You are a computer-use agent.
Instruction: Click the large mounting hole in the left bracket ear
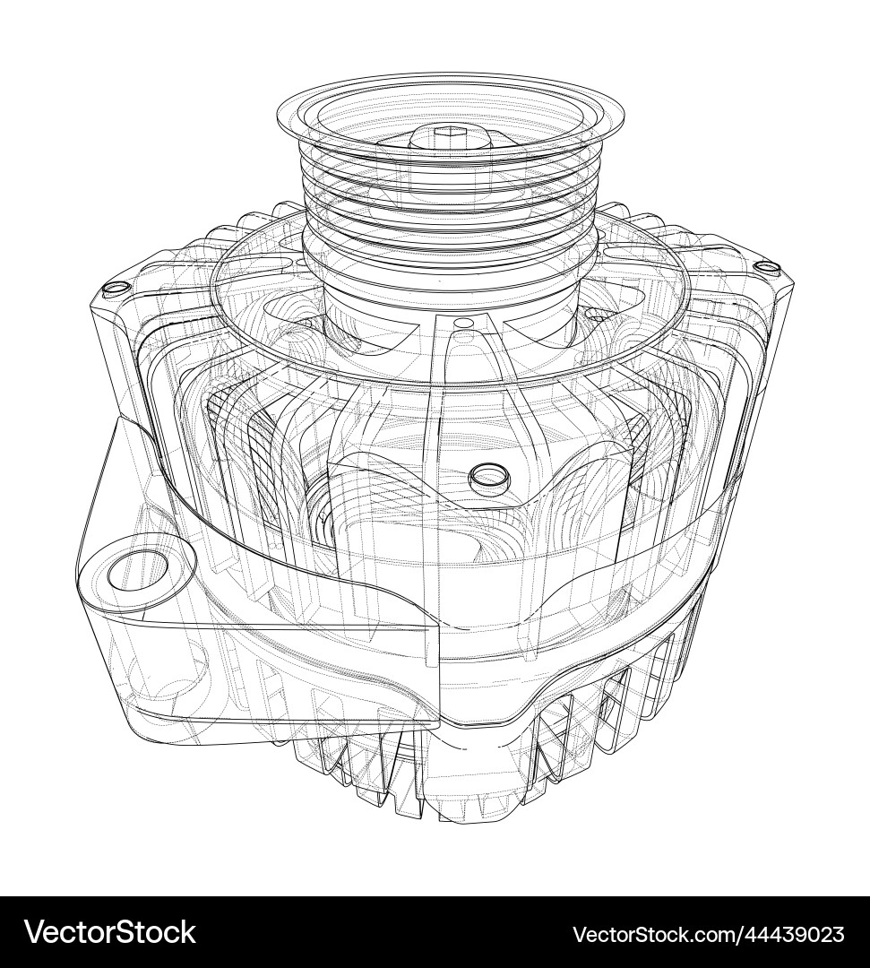click(x=139, y=571)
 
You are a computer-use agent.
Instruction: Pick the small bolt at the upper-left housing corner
click(x=114, y=289)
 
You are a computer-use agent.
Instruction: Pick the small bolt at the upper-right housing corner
click(x=764, y=266)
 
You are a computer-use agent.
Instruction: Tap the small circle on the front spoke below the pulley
click(x=465, y=323)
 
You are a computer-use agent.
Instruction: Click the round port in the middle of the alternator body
click(x=488, y=474)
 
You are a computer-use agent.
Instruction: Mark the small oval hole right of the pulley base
click(x=595, y=315)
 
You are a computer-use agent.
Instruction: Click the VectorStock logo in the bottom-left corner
click(x=109, y=932)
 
